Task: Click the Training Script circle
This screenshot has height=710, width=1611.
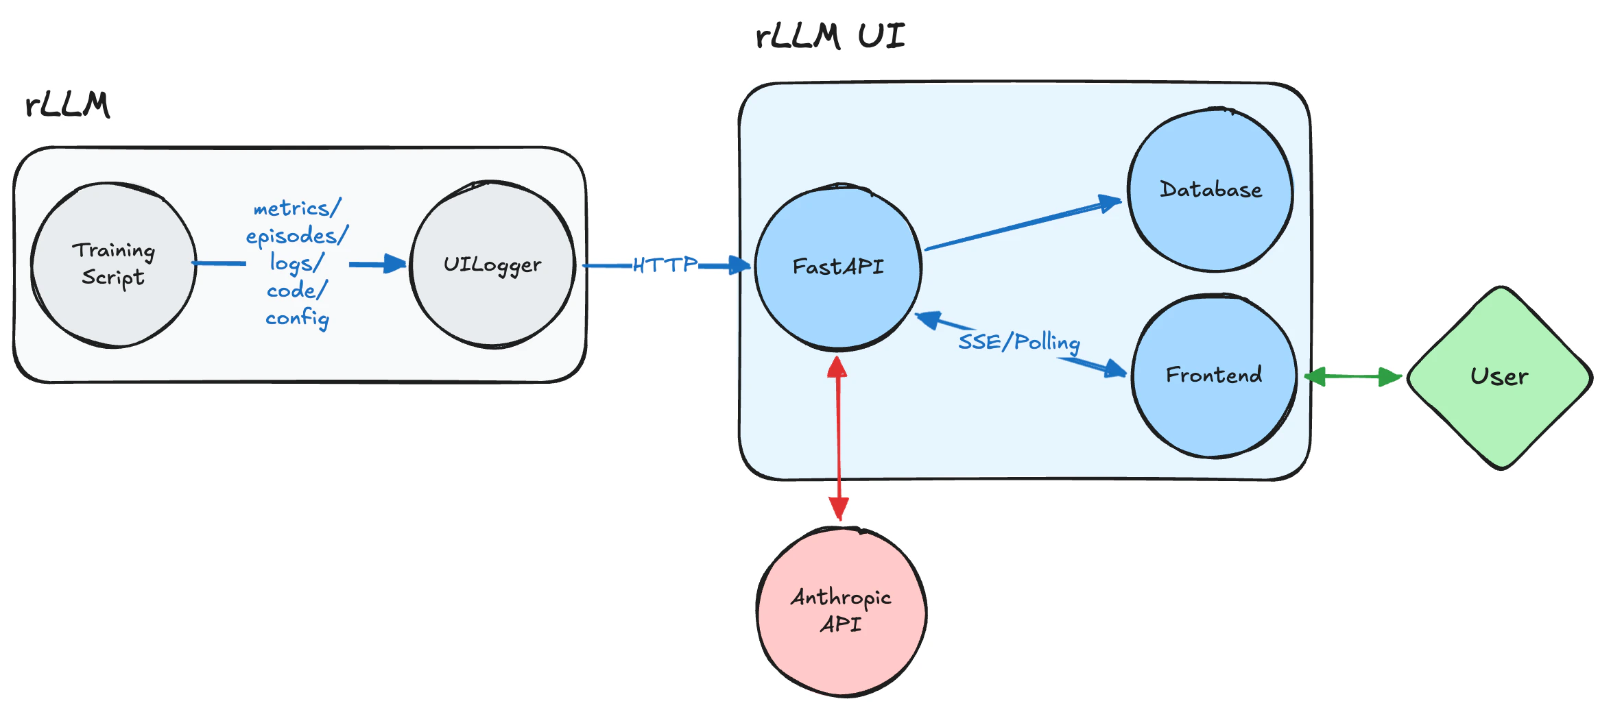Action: pos(113,265)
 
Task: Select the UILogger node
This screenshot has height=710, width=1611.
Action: pos(492,265)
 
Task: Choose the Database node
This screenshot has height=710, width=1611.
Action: pos(1210,190)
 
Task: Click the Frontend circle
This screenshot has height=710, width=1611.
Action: pos(1213,375)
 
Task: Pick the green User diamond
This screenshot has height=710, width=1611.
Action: pos(1499,377)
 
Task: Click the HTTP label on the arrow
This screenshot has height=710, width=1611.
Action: pos(664,265)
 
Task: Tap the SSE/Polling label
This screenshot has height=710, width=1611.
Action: pos(1018,341)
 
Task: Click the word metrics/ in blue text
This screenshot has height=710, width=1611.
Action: pos(296,208)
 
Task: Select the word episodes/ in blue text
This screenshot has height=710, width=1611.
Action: pos(296,236)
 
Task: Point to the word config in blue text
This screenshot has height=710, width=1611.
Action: pos(297,318)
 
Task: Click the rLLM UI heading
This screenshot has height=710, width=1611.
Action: pos(830,36)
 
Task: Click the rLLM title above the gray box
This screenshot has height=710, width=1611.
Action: pos(67,105)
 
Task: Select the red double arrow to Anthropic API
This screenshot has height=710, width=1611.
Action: pos(838,439)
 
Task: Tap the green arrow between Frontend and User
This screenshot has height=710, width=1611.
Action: pos(1352,376)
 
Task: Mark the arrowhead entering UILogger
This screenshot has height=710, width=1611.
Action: pos(395,264)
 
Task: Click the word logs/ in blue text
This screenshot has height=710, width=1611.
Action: pos(296,263)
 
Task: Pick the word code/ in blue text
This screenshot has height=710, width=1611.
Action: pos(296,291)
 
